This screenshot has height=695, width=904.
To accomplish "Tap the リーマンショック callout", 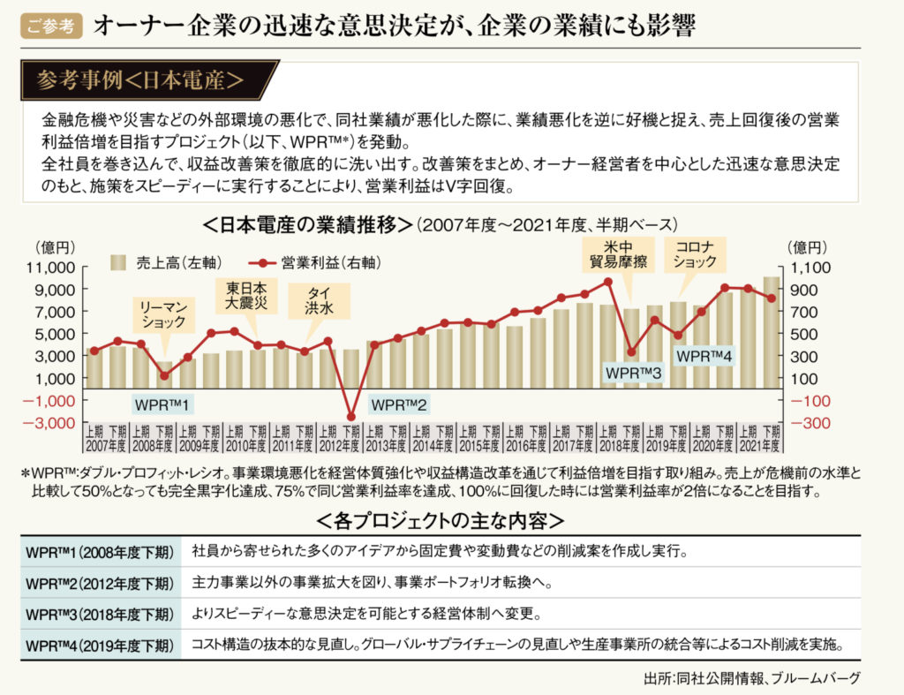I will click(x=163, y=314).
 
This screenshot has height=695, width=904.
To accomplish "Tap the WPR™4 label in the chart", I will click(x=704, y=357).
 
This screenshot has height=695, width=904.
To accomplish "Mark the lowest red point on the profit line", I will click(x=350, y=417).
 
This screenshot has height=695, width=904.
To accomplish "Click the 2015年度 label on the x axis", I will click(x=479, y=446).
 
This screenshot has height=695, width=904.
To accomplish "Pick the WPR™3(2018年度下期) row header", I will click(x=99, y=613).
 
